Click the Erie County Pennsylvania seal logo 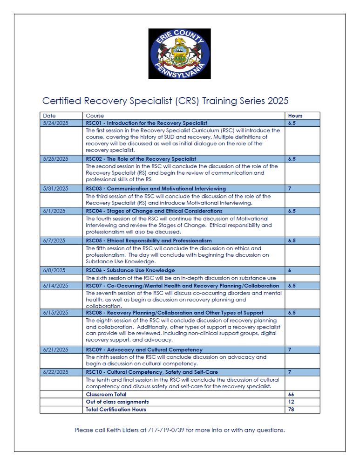point(179,54)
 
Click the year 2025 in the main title point(278,101)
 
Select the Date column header point(49,116)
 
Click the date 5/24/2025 point(55,123)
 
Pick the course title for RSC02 point(141,159)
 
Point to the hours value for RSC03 point(290,189)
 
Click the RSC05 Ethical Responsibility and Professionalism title point(149,241)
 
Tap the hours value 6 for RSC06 point(290,270)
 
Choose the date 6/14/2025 point(55,286)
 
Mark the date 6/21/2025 point(55,349)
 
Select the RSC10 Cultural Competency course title point(152,372)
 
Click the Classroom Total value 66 point(291,395)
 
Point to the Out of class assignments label point(117,402)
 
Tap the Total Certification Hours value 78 point(291,409)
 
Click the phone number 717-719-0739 point(165,430)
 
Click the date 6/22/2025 point(55,372)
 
